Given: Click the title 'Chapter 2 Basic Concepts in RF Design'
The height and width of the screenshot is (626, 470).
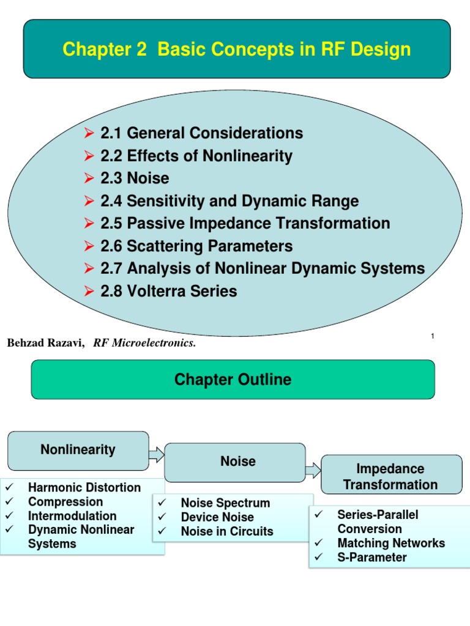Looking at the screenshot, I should click(x=237, y=49).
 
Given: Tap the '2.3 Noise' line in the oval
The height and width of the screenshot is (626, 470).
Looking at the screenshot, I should click(x=148, y=178).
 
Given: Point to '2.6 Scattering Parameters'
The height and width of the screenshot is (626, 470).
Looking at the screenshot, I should click(x=210, y=246).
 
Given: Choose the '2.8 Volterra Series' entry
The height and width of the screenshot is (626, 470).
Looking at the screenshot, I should click(x=182, y=291).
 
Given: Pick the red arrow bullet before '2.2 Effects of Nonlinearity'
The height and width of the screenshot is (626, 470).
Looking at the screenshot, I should click(x=89, y=156).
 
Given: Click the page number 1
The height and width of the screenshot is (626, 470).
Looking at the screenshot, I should click(x=433, y=336).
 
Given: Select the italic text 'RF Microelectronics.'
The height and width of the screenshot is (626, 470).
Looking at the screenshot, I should click(x=144, y=344).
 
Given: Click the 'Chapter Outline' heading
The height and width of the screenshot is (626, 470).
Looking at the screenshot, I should click(x=233, y=380).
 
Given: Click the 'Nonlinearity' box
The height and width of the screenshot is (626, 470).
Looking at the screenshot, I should click(x=78, y=450).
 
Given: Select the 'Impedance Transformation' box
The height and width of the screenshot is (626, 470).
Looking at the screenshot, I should click(x=390, y=477).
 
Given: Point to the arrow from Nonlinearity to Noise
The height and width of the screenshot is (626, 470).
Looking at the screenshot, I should click(x=157, y=454).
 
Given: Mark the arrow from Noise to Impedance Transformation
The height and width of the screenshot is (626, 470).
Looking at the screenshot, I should click(x=313, y=470).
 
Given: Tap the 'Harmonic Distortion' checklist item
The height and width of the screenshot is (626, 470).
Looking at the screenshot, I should click(x=84, y=488).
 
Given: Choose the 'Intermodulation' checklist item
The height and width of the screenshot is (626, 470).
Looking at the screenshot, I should click(x=72, y=516).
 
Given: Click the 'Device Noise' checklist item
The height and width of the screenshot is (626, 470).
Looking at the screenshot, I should click(x=217, y=517).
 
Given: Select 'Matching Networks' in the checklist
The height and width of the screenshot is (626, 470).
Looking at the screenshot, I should click(x=391, y=543).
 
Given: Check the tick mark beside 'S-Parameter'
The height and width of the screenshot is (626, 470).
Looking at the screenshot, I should click(x=318, y=557).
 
